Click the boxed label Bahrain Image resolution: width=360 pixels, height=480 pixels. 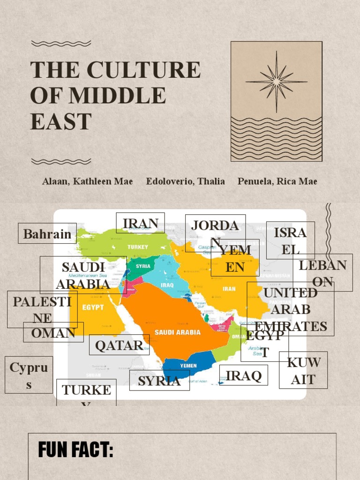[x=47, y=233]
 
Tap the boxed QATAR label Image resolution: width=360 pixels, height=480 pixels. [x=119, y=345]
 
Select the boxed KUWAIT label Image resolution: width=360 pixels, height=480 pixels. [x=304, y=370]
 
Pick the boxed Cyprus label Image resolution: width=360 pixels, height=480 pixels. [x=29, y=375]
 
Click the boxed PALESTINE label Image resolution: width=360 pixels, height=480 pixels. [x=42, y=309]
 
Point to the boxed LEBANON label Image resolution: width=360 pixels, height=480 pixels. [x=322, y=273]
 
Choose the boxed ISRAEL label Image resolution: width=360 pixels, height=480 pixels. [x=290, y=240]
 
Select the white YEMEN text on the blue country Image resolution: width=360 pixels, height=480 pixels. [x=188, y=366]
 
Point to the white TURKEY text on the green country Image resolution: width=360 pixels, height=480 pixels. [x=137, y=247]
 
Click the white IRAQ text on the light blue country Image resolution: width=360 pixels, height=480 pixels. [x=167, y=285]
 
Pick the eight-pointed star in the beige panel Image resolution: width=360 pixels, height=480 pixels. [x=277, y=82]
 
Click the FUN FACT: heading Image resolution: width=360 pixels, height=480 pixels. [x=75, y=450]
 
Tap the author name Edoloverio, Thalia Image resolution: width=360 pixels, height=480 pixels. [x=185, y=181]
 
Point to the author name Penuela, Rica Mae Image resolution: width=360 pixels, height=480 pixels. [x=277, y=181]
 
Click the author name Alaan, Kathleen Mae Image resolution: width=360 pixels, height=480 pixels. [x=87, y=181]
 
